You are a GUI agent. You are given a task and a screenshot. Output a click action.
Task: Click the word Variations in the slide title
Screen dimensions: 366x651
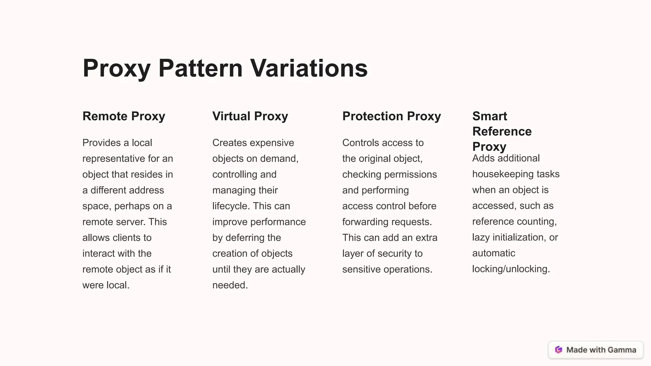tap(309, 68)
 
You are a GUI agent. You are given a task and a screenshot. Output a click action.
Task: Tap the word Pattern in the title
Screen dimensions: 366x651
tap(201, 68)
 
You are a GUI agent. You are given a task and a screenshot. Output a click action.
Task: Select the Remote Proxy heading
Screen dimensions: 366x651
tap(124, 116)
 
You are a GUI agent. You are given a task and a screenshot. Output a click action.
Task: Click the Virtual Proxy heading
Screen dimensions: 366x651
tap(250, 116)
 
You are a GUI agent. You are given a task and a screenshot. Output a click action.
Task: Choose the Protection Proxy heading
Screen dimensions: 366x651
tap(392, 116)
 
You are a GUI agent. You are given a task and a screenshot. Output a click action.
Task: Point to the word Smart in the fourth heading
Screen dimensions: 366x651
tap(490, 116)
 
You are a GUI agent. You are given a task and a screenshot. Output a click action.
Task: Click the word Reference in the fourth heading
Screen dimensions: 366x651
tap(502, 132)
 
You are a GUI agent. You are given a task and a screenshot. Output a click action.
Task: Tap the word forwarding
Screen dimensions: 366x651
tap(366, 222)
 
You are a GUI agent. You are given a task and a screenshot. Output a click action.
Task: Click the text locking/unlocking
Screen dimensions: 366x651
tap(511, 269)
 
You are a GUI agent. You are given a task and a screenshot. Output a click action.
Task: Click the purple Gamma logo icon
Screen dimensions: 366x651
tap(558, 350)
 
